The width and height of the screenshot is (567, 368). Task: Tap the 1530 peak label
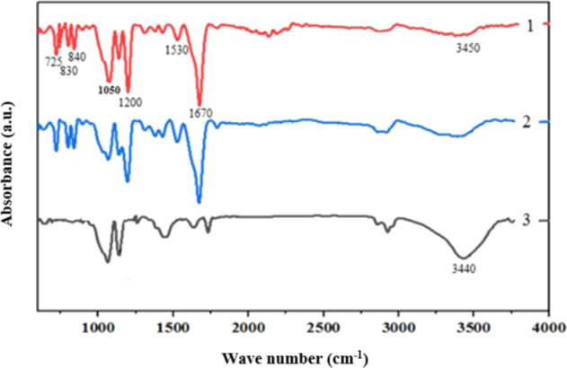175,50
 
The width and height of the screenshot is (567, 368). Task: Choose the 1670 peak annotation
201,112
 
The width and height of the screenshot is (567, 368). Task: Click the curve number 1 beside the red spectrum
530,26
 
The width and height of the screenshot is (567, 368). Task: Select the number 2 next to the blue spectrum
530,122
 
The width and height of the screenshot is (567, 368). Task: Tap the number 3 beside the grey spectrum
530,220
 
